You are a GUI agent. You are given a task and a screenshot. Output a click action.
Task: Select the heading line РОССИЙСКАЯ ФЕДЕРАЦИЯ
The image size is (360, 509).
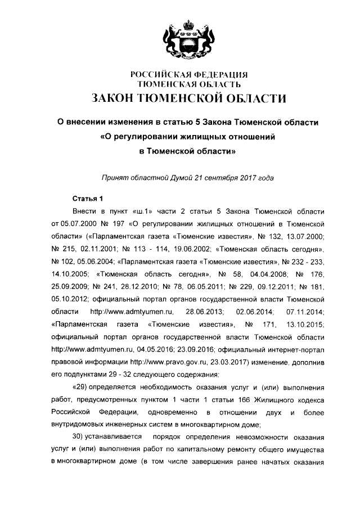pyautogui.click(x=189, y=75)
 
